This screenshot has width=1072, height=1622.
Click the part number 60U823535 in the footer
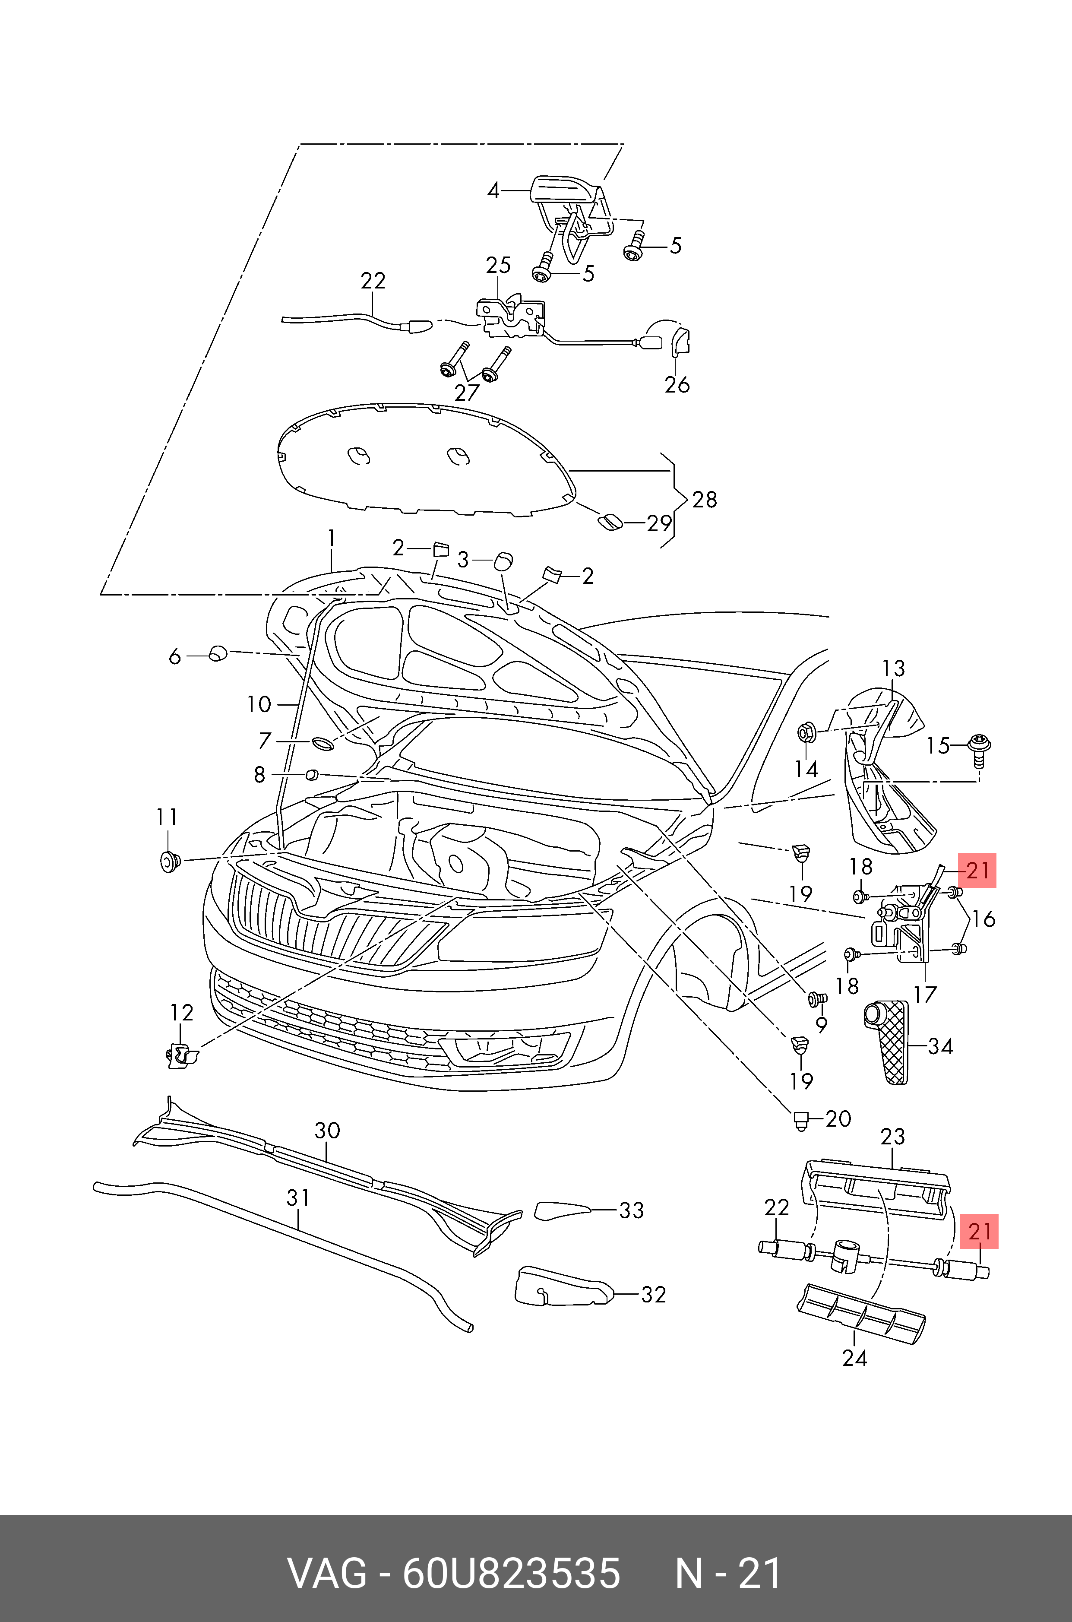(x=511, y=1574)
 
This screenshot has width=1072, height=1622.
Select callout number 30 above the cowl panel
(x=328, y=1130)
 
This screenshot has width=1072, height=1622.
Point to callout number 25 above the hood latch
(x=498, y=265)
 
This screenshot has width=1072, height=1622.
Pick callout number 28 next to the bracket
(x=705, y=500)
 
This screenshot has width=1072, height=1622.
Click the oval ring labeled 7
(x=323, y=743)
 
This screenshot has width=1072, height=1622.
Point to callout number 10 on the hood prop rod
(x=259, y=704)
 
